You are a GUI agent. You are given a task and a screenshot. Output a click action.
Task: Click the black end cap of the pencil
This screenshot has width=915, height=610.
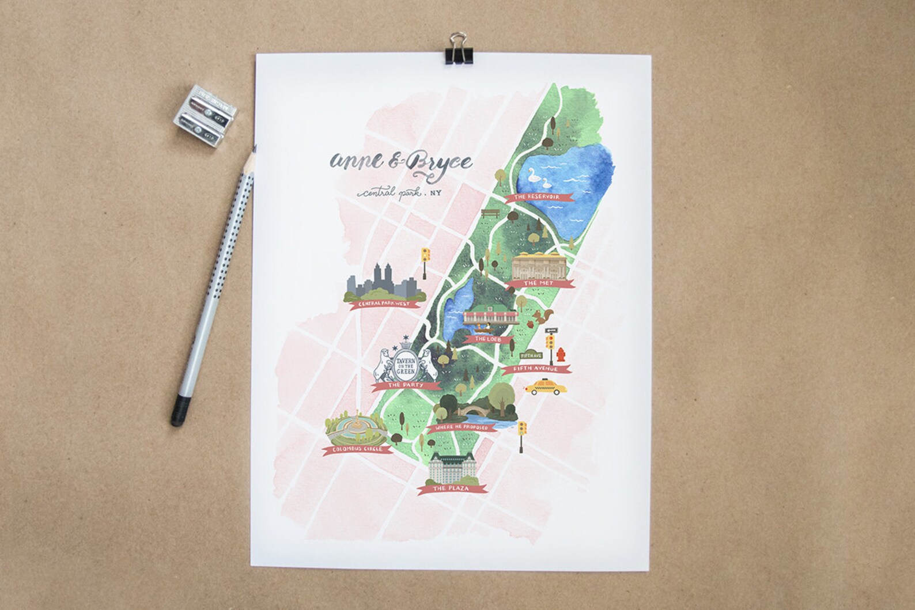pos(177,418)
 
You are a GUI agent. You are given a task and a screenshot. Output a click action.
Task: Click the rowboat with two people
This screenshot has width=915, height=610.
pos(487,329)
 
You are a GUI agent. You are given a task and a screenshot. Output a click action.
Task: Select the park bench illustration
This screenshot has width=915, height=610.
pos(490,213)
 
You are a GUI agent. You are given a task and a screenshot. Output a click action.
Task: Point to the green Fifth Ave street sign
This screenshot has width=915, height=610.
pos(528,355)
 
